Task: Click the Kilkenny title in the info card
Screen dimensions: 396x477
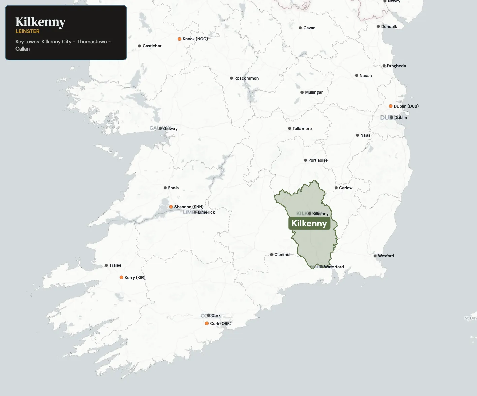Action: pos(40,22)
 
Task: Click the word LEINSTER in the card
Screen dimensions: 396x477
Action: pos(28,31)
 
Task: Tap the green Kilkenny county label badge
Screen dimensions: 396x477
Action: pos(309,223)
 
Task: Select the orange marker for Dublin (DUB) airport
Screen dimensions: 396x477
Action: pos(391,106)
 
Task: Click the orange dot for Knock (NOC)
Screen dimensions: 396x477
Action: pos(180,39)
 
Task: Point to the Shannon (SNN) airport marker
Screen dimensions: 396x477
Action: pos(171,207)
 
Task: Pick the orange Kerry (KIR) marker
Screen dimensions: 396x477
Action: pos(121,278)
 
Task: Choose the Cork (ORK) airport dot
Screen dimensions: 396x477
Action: pos(207,324)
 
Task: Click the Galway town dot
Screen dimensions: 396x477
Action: pos(160,129)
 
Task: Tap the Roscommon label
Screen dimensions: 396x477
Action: pos(247,78)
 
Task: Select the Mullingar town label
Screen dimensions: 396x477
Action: pos(314,92)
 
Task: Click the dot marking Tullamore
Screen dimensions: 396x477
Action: pos(290,129)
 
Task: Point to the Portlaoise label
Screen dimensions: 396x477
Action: pos(318,160)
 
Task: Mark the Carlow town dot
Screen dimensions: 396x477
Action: pos(336,188)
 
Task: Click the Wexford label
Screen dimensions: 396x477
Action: pos(386,256)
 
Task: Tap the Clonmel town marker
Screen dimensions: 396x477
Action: pos(272,255)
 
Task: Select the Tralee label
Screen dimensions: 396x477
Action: pos(115,265)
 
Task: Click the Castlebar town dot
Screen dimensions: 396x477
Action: pos(139,46)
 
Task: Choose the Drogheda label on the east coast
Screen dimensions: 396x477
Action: pos(396,66)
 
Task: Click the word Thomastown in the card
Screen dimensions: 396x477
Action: pos(92,42)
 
